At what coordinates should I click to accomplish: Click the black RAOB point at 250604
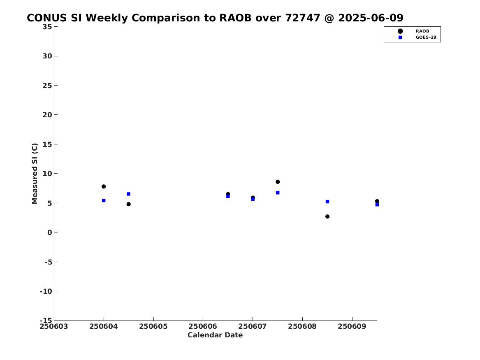pos(104,186)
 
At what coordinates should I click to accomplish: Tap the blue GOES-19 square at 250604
pos(104,200)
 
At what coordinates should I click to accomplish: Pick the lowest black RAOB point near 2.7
pos(327,216)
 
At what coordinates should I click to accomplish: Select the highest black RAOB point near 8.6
pos(278,182)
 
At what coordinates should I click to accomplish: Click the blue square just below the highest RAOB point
pos(278,193)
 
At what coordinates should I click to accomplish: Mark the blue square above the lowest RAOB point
pos(327,202)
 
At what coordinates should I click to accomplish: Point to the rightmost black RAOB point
pos(377,201)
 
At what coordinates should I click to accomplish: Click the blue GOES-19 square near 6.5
pos(129,194)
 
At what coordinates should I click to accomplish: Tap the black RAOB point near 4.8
pos(129,204)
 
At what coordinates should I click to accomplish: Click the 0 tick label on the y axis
pos(50,232)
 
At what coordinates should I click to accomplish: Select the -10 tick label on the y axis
pos(46,291)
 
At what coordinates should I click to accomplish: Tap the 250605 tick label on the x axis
pos(153,326)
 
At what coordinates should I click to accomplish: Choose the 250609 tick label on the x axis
pos(352,326)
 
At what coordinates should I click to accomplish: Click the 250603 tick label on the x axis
pos(54,326)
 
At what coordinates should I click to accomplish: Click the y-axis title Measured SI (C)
pos(35,174)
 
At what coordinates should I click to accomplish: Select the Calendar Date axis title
pos(215,335)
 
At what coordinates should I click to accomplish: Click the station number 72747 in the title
pos(303,18)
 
